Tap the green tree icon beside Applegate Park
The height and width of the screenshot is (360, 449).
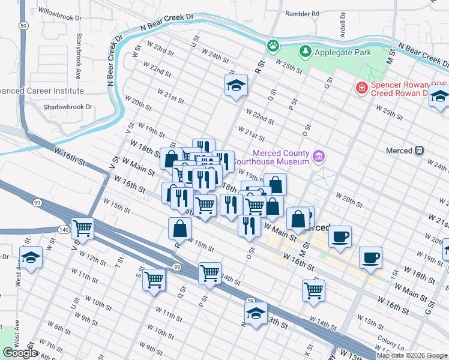306,52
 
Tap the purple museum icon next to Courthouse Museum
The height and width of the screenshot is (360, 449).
319,157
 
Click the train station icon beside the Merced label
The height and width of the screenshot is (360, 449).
420,150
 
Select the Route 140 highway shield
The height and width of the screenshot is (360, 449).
64,229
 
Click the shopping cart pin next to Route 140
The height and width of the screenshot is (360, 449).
82,228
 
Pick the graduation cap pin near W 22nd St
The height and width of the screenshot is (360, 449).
236,85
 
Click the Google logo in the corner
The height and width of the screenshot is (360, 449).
20,353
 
